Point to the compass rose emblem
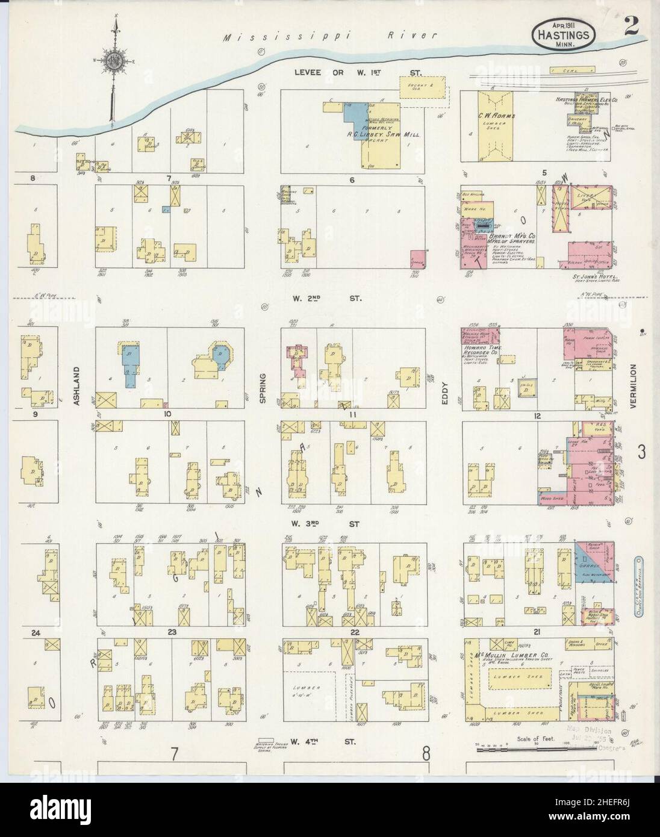(113, 60)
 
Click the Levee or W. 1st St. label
(358, 72)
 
